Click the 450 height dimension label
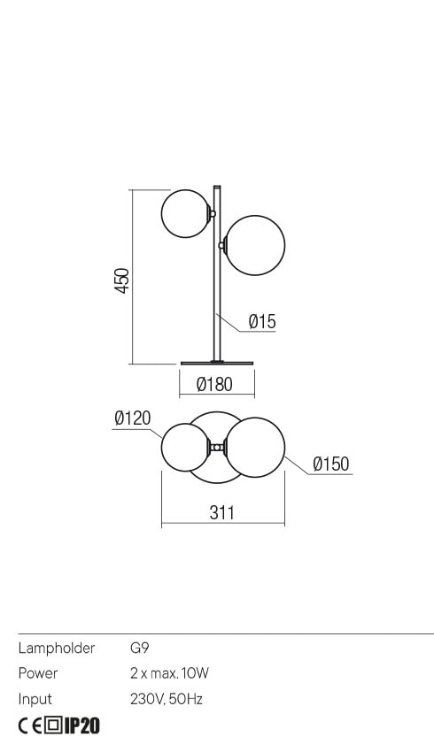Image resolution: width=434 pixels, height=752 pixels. (x=122, y=280)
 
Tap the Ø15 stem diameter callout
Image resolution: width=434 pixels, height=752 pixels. (x=262, y=321)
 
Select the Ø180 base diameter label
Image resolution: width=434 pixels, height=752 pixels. (x=214, y=384)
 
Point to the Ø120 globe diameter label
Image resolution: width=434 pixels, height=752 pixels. (x=133, y=418)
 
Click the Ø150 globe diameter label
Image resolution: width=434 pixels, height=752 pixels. (x=330, y=464)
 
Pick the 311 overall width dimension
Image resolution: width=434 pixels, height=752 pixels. (x=221, y=512)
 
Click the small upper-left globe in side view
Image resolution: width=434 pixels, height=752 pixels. (x=185, y=213)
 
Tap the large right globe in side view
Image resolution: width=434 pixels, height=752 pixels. (x=255, y=245)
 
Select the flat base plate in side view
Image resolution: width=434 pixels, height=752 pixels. (x=217, y=363)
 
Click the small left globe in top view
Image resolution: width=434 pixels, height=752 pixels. (x=185, y=447)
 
